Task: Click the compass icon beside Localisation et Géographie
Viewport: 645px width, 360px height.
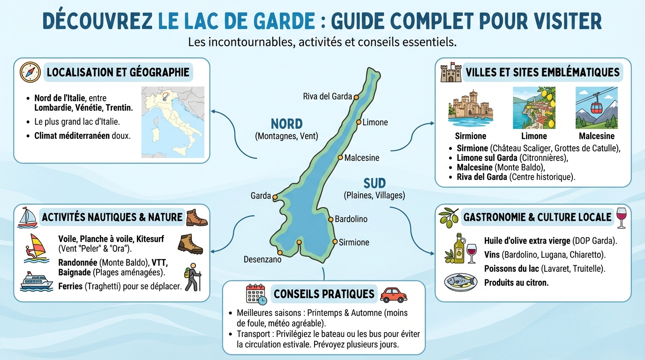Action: [30, 72]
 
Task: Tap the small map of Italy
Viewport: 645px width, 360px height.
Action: [173, 122]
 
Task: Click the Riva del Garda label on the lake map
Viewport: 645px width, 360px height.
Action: [327, 97]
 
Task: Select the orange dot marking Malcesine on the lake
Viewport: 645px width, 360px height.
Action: [341, 157]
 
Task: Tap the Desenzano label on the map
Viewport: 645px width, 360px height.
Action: [262, 259]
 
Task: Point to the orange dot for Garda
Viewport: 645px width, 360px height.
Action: [275, 197]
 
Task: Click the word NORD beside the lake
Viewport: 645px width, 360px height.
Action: [286, 124]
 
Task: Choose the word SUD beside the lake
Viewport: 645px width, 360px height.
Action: [374, 183]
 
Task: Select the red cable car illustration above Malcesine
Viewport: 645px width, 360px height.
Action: [596, 107]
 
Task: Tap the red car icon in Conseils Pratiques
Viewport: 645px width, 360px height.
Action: [393, 294]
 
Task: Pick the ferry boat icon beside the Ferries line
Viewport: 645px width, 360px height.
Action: [36, 281]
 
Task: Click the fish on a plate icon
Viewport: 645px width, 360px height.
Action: [460, 282]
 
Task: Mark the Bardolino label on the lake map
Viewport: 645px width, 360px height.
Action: [351, 219]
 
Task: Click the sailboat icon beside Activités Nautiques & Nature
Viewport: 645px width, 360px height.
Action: [27, 217]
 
